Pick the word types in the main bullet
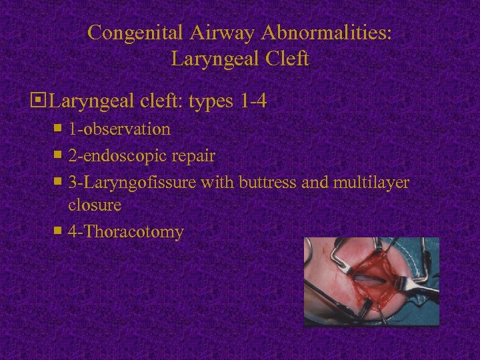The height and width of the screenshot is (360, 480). [211, 102]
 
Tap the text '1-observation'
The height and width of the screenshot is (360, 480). [119, 129]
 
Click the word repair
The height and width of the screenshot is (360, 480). [192, 156]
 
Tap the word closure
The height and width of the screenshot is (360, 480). [94, 205]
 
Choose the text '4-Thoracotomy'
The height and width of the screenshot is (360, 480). [125, 232]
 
